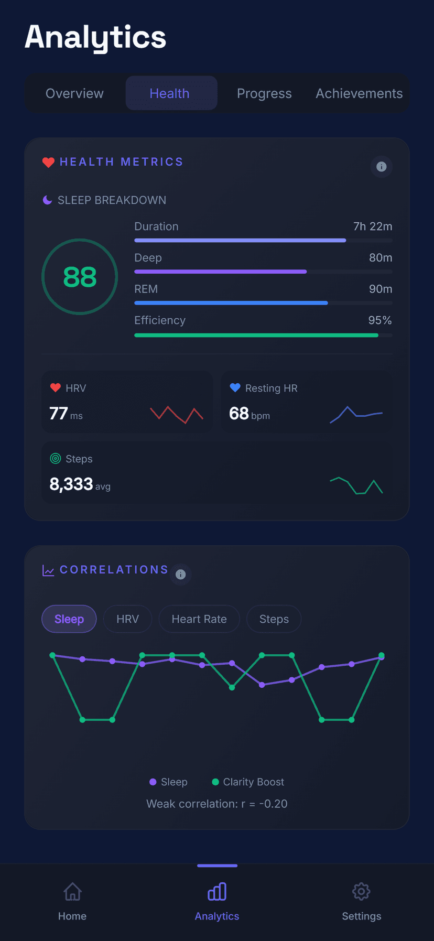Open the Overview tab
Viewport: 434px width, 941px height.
74,93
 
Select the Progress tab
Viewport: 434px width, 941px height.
264,93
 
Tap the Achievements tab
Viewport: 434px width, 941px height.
359,93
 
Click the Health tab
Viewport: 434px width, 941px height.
169,93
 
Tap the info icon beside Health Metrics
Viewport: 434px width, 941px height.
382,167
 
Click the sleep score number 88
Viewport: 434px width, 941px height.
80,277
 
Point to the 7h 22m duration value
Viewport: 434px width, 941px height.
373,226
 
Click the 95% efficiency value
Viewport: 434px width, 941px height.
380,320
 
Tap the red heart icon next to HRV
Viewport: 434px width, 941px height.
56,388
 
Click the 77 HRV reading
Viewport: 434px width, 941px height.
58,414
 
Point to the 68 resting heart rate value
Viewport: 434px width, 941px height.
238,414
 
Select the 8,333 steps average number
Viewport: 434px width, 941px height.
71,484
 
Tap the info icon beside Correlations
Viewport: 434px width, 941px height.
181,575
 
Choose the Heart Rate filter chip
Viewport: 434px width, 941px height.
199,619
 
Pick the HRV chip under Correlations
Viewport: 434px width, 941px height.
128,619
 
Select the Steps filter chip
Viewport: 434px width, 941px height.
274,619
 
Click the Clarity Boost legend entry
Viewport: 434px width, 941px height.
248,782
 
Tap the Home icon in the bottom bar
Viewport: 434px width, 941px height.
72,892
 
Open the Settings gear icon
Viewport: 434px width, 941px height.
361,892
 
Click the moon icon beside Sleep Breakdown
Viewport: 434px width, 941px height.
47,200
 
